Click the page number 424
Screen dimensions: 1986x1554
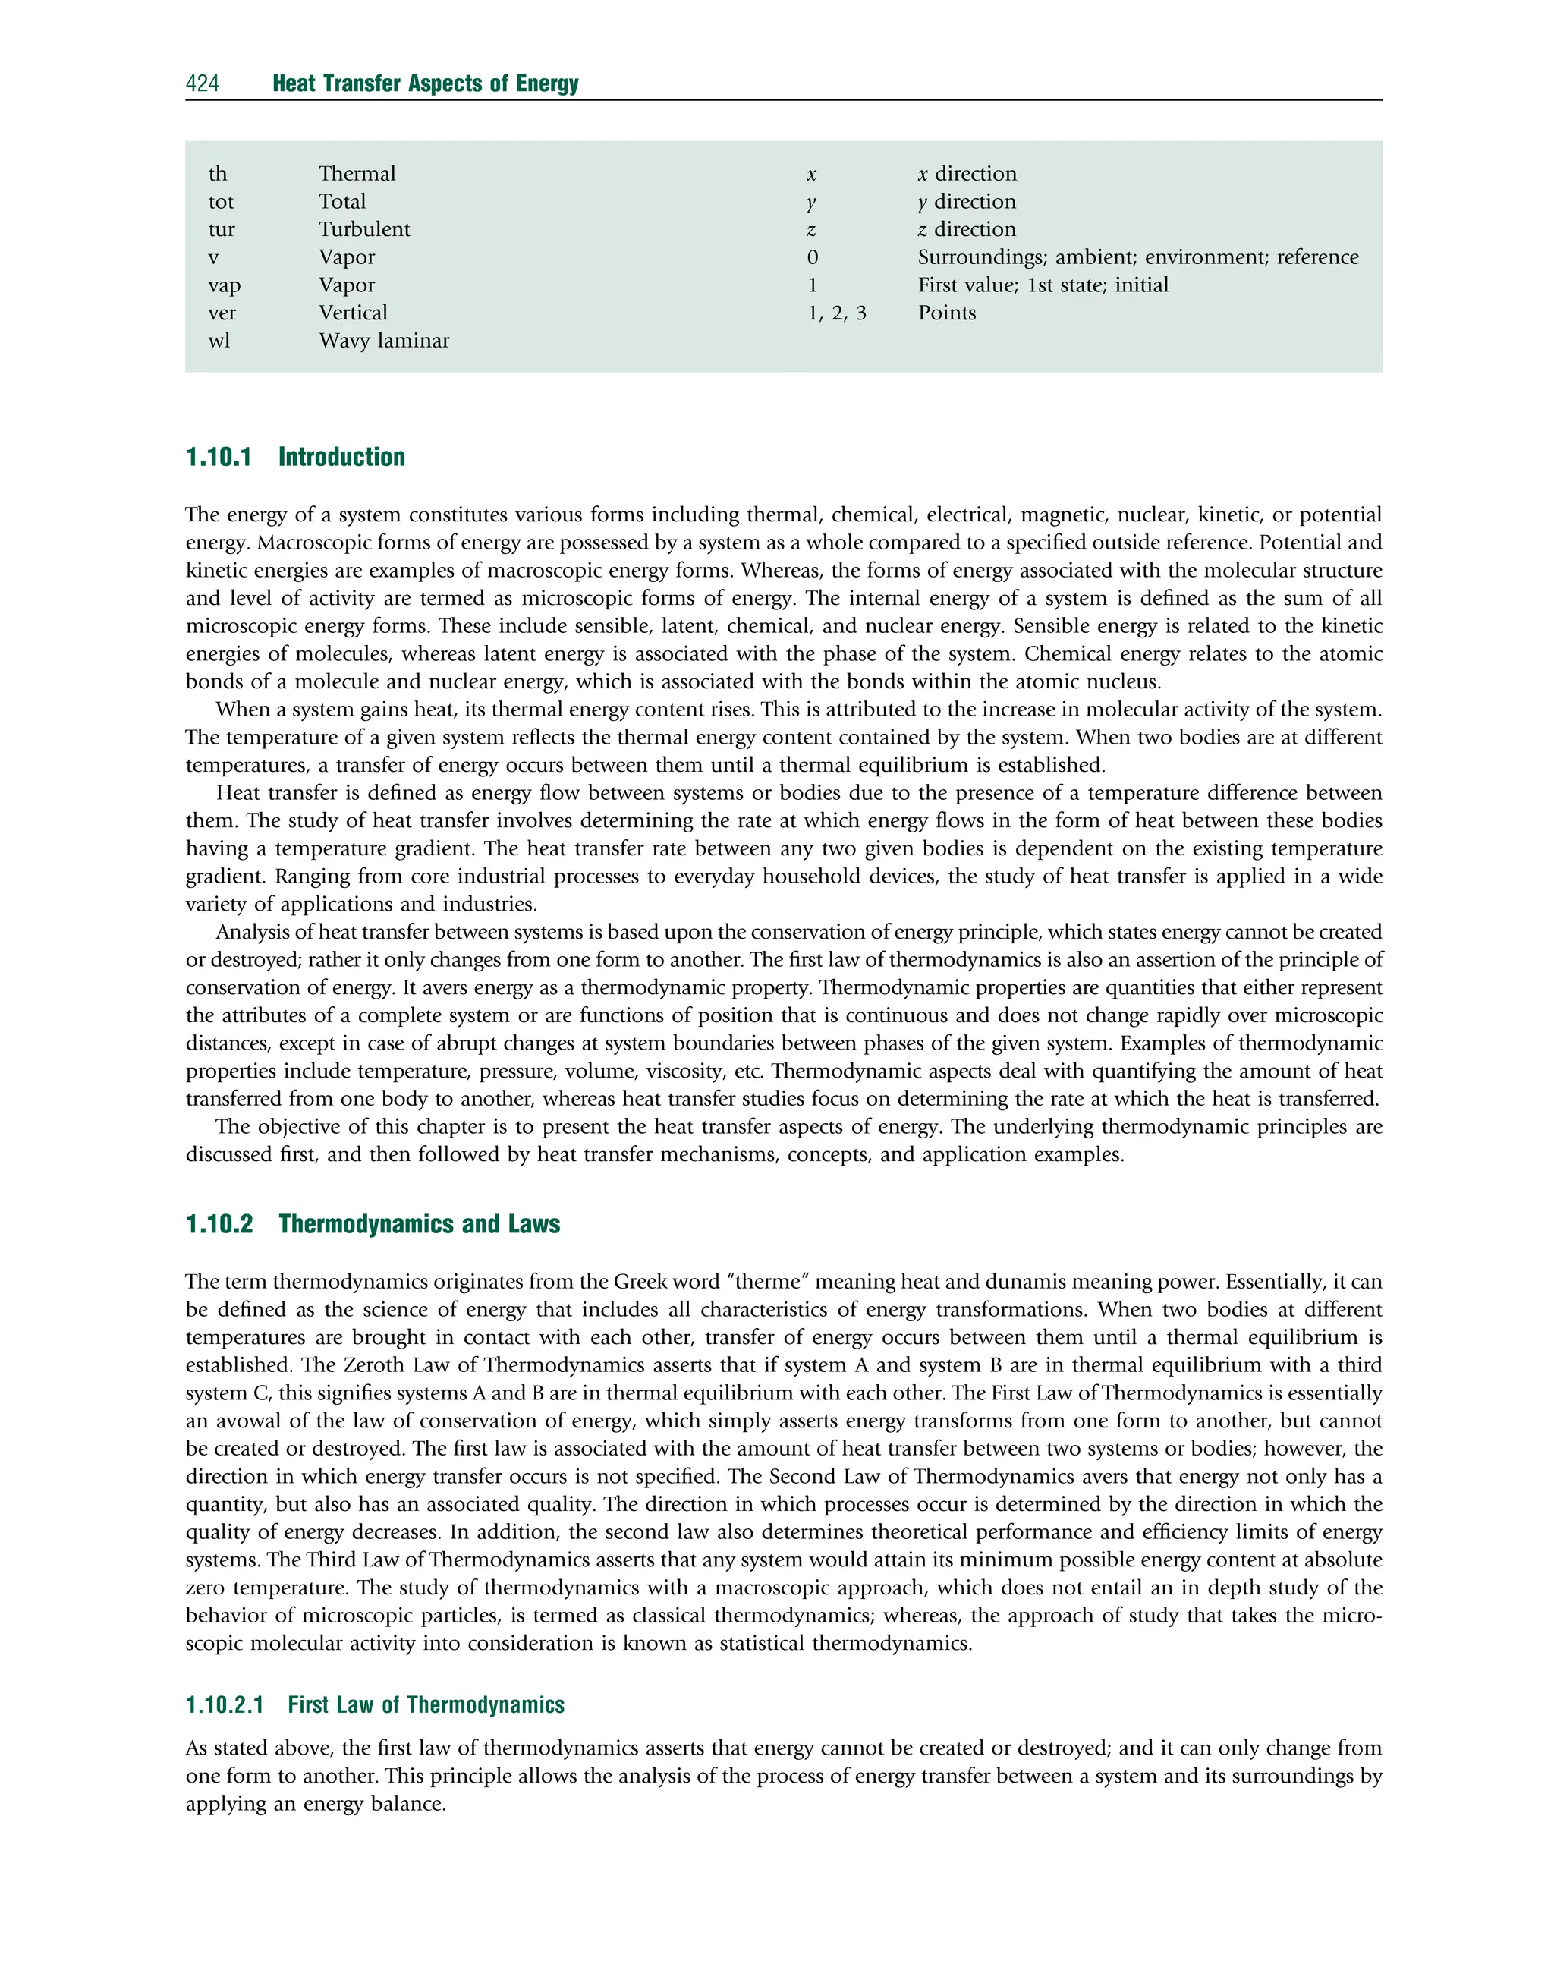(x=202, y=83)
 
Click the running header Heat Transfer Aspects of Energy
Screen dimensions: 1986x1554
(x=425, y=83)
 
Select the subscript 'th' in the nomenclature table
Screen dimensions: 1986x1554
(x=218, y=174)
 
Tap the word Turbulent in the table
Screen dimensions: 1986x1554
(x=364, y=229)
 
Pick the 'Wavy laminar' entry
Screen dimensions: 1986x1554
(x=384, y=341)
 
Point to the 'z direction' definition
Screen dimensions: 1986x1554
(x=966, y=229)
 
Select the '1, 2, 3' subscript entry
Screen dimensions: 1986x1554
(x=836, y=313)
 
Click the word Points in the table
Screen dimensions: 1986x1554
(x=946, y=313)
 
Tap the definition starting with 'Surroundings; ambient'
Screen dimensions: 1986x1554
(x=1137, y=257)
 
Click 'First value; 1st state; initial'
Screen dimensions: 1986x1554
(x=1043, y=285)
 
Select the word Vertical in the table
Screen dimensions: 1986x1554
(x=353, y=313)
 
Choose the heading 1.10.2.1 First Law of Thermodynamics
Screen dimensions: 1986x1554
(x=375, y=1705)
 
